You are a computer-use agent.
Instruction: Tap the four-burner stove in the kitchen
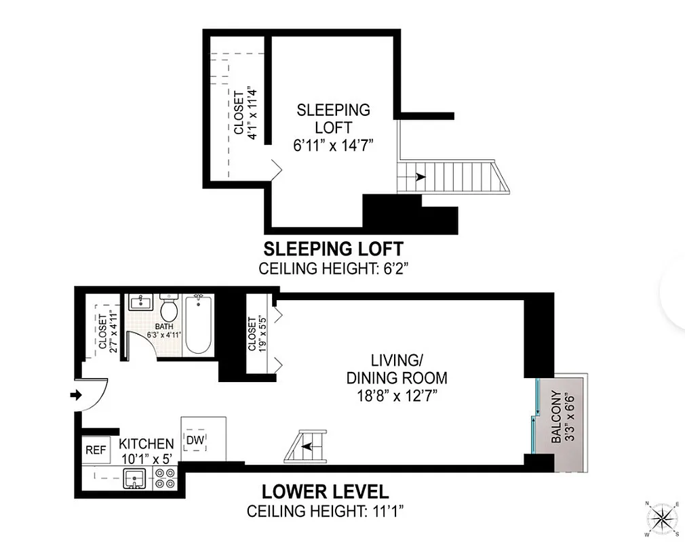point(165,479)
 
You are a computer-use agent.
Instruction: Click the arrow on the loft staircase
point(420,177)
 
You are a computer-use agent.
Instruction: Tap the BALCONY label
point(557,417)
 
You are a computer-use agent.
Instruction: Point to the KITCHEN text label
point(146,444)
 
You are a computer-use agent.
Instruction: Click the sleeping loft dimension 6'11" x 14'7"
point(333,145)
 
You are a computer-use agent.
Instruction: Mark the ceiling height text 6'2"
point(333,268)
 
